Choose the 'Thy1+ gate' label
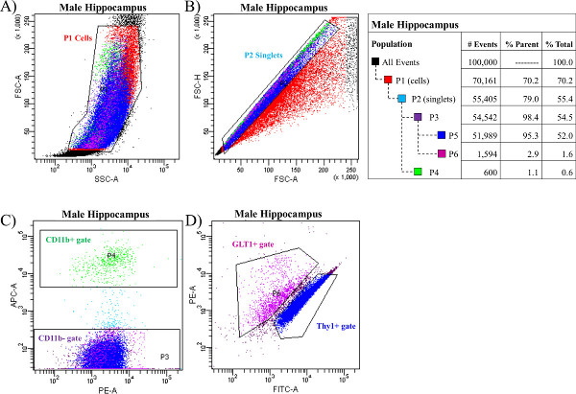coord(340,327)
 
